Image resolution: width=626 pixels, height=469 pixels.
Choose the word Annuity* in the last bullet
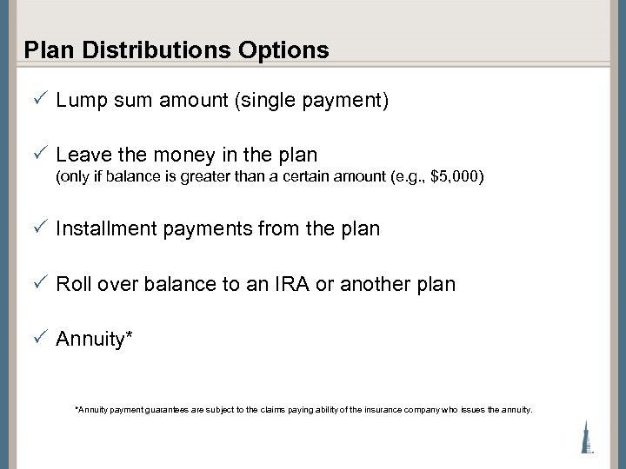pyautogui.click(x=94, y=339)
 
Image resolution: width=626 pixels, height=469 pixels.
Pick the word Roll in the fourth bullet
pyautogui.click(x=72, y=284)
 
